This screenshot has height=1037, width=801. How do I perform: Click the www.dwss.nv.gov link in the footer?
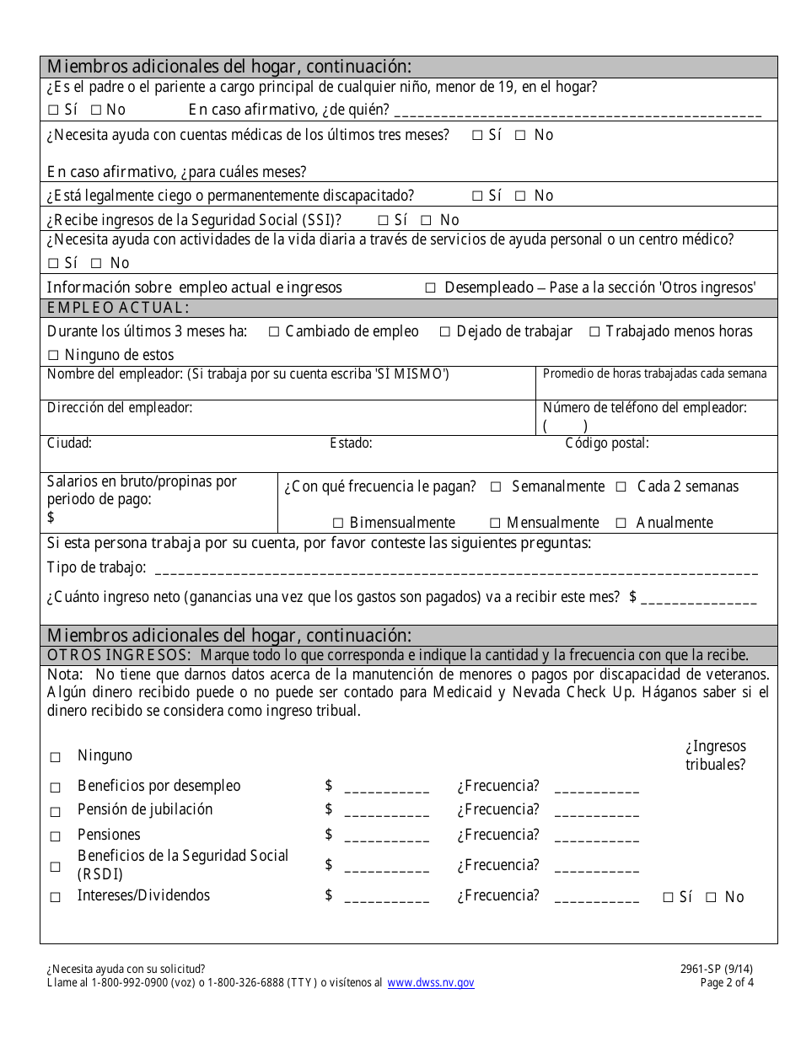(x=431, y=983)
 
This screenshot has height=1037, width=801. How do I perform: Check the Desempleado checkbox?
(x=430, y=287)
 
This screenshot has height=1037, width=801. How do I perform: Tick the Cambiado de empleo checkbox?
(x=274, y=332)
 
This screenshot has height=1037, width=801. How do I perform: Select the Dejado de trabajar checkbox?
(x=445, y=332)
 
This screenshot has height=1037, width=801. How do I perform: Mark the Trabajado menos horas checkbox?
(x=594, y=332)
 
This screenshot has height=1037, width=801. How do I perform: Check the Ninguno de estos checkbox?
(x=53, y=355)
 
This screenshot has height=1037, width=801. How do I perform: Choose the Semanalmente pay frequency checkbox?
(x=496, y=487)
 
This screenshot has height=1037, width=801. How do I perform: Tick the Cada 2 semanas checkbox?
(x=621, y=487)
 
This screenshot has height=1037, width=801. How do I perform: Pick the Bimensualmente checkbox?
(x=338, y=523)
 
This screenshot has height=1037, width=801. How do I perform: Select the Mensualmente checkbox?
(x=495, y=523)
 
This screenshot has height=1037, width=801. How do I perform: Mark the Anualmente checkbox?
(x=621, y=523)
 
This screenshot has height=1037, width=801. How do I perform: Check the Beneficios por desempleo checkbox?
(x=56, y=787)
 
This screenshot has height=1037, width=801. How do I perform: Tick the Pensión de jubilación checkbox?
(x=56, y=812)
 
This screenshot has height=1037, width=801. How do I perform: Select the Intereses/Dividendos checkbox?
(x=56, y=898)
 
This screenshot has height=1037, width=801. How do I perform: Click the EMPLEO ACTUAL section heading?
(x=118, y=308)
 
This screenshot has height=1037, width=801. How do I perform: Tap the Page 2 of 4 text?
(x=727, y=983)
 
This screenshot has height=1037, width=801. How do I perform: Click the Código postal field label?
(x=607, y=443)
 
